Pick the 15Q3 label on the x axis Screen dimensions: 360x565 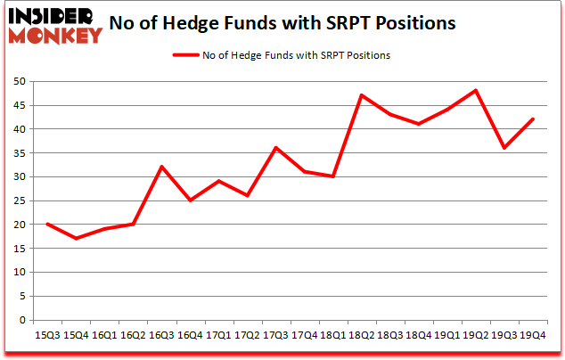pos(46,335)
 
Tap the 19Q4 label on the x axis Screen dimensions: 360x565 pos(533,335)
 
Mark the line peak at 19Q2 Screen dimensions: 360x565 pos(476,90)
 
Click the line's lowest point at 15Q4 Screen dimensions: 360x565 pos(76,239)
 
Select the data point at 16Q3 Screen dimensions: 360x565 pos(162,167)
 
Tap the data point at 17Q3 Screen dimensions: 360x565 pos(277,148)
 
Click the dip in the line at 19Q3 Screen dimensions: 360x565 pos(504,148)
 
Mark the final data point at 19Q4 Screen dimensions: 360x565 pos(533,119)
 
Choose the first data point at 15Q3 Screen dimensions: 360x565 pos(46,225)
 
